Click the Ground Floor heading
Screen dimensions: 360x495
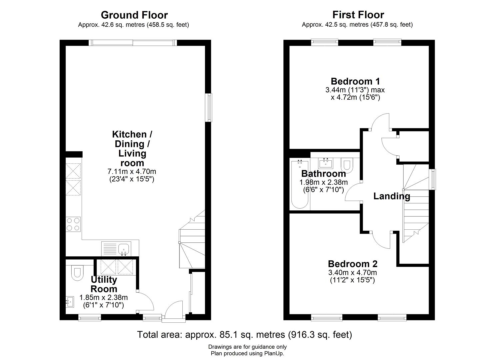pyautogui.click(x=134, y=15)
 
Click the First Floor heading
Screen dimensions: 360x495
pyautogui.click(x=358, y=15)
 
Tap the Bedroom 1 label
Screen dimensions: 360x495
pyautogui.click(x=355, y=81)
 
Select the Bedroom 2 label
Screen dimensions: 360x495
pyautogui.click(x=353, y=264)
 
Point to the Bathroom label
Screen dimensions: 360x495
pyautogui.click(x=323, y=174)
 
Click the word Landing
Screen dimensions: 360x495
pyautogui.click(x=391, y=196)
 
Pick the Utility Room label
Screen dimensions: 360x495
pyautogui.click(x=104, y=284)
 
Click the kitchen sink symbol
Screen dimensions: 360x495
pyautogui.click(x=124, y=249)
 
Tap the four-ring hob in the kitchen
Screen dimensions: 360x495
pyautogui.click(x=73, y=224)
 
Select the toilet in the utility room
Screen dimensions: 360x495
pyautogui.click(x=76, y=272)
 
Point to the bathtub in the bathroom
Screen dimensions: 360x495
pyautogui.click(x=300, y=184)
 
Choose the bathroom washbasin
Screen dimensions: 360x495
pyautogui.click(x=325, y=163)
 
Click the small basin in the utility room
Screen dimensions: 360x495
pyautogui.click(x=70, y=301)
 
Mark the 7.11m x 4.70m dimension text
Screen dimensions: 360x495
pyautogui.click(x=132, y=172)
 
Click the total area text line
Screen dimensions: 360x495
pyautogui.click(x=244, y=334)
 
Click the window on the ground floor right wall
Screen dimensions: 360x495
pyautogui.click(x=209, y=107)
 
